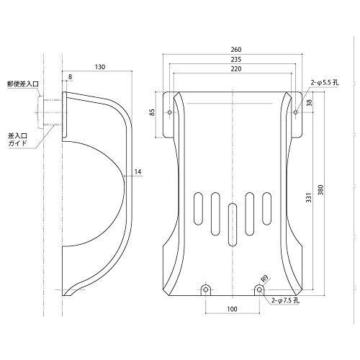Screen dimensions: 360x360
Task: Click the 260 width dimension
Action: pyautogui.click(x=237, y=49)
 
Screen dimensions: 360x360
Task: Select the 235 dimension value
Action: pyautogui.click(x=237, y=60)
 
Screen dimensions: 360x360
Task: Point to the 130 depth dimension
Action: pyautogui.click(x=99, y=67)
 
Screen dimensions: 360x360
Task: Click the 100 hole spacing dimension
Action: pyautogui.click(x=232, y=309)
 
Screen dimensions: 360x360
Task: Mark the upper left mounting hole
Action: pyautogui.click(x=170, y=113)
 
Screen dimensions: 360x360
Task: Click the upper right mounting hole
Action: pyautogui.click(x=297, y=112)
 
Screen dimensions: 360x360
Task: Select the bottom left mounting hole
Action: pyautogui.click(x=205, y=289)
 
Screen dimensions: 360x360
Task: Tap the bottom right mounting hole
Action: pyautogui.click(x=259, y=289)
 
